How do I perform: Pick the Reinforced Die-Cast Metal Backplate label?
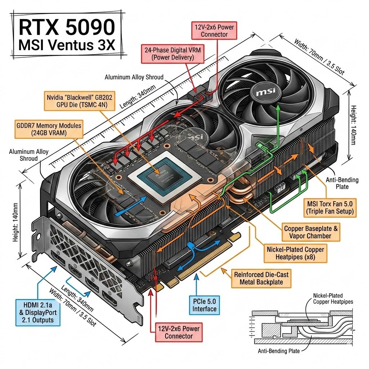pyautogui.click(x=261, y=278)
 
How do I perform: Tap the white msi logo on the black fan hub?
pyautogui.click(x=265, y=92)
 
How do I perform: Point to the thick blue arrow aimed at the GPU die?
pyautogui.click(x=130, y=206)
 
